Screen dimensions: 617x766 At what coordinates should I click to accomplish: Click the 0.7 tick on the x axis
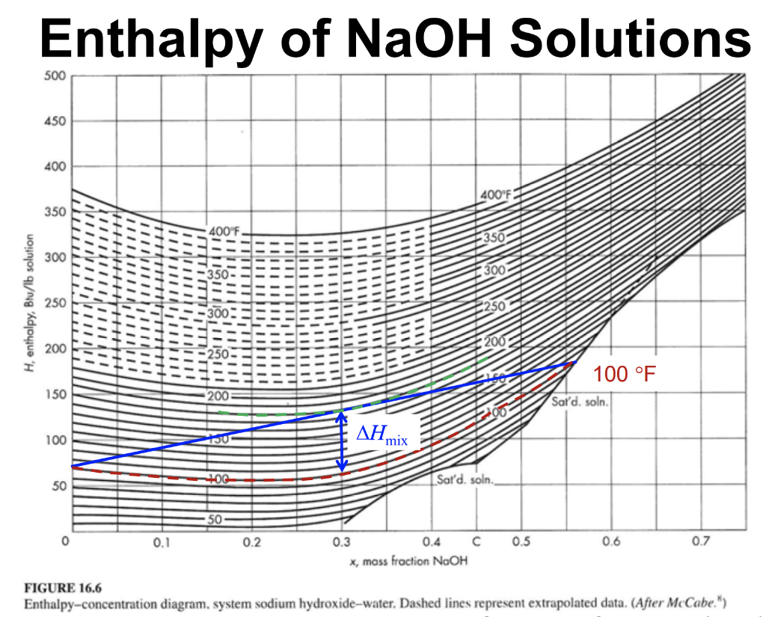pos(700,542)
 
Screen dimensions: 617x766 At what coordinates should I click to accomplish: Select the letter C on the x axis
pos(476,541)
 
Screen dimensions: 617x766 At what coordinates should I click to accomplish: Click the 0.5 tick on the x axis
pos(521,542)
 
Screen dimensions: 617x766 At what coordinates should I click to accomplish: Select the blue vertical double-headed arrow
pos(342,443)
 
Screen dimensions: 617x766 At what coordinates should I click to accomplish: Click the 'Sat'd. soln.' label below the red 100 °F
pos(580,402)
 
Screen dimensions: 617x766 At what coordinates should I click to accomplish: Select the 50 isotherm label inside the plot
pos(216,519)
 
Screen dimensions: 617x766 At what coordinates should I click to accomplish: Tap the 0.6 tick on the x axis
pos(611,542)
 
